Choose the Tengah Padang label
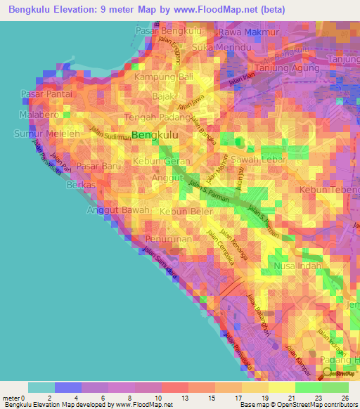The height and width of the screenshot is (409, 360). click(x=156, y=117)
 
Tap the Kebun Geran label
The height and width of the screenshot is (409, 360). click(x=158, y=161)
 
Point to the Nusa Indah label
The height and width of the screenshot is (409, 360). click(x=297, y=266)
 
